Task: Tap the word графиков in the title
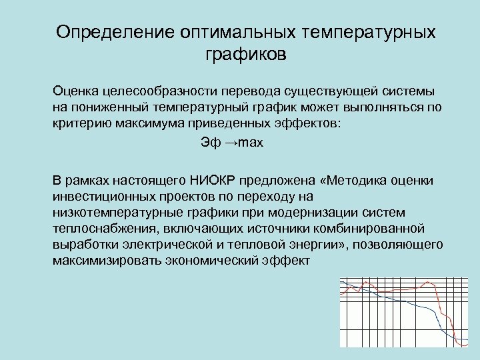(x=246, y=55)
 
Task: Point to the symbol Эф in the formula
(x=209, y=143)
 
